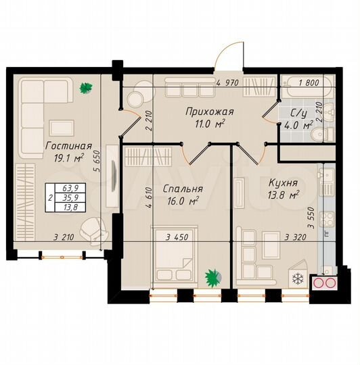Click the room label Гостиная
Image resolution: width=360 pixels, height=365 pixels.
pos(68,145)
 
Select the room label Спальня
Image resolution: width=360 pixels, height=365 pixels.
pos(179,189)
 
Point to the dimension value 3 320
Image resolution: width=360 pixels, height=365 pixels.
pos(295,237)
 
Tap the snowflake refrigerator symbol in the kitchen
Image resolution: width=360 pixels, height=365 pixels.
pos(296,278)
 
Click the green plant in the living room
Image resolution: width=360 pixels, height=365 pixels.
pos(85,87)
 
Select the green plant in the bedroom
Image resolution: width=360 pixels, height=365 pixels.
pos(213,276)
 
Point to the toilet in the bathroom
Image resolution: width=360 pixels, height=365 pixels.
pos(323,134)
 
